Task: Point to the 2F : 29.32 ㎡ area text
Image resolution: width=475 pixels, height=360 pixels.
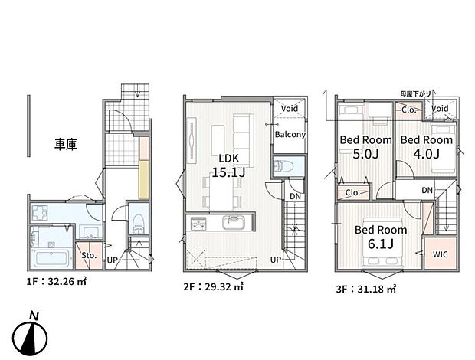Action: (212, 288)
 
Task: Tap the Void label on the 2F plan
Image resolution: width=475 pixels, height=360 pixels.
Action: (290, 109)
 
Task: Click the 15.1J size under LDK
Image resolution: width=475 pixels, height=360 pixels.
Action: (228, 174)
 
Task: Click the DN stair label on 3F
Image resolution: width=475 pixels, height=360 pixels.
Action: (427, 191)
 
